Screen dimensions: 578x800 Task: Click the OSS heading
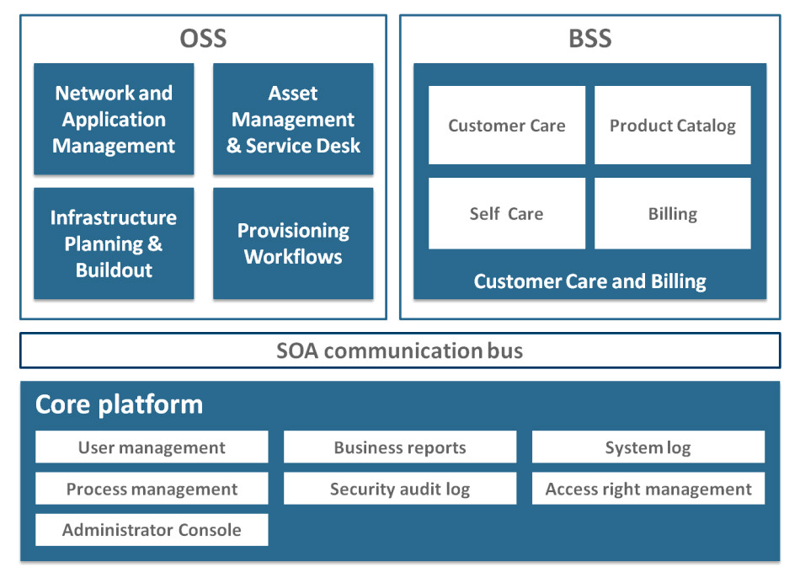[203, 39]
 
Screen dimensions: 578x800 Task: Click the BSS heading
[589, 39]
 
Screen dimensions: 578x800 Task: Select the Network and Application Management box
[114, 120]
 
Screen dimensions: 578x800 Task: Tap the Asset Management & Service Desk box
[293, 120]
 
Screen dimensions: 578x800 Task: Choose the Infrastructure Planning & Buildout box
[114, 244]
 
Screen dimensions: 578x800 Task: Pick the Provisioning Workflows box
[293, 244]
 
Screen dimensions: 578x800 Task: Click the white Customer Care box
[506, 126]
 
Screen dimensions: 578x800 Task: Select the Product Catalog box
[672, 126]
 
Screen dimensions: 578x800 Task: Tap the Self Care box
[506, 213]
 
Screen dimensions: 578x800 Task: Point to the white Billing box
[672, 213]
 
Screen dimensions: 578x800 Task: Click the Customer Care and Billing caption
[589, 281]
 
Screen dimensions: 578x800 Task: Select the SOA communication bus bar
[400, 351]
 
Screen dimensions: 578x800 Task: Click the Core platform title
[119, 404]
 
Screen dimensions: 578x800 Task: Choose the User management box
[152, 447]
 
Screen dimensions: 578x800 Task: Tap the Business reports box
[400, 447]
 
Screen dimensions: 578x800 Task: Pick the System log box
[648, 447]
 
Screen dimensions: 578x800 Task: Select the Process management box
[152, 489]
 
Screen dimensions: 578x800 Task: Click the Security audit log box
[400, 489]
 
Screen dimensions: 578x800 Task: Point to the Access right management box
[648, 489]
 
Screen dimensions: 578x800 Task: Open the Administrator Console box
[152, 530]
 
